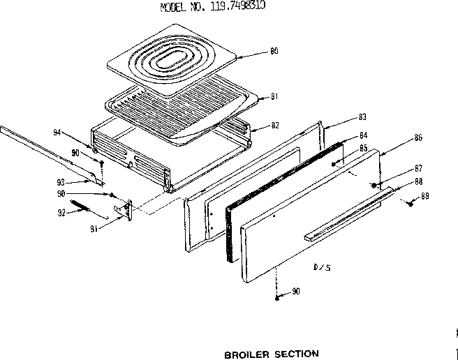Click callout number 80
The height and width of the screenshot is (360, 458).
point(274,51)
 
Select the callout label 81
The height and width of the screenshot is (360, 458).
point(274,96)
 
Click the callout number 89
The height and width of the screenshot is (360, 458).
point(425,197)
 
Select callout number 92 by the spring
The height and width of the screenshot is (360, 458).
point(61,211)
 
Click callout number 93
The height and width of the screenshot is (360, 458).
point(61,182)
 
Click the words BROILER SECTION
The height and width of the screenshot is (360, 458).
point(272,354)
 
